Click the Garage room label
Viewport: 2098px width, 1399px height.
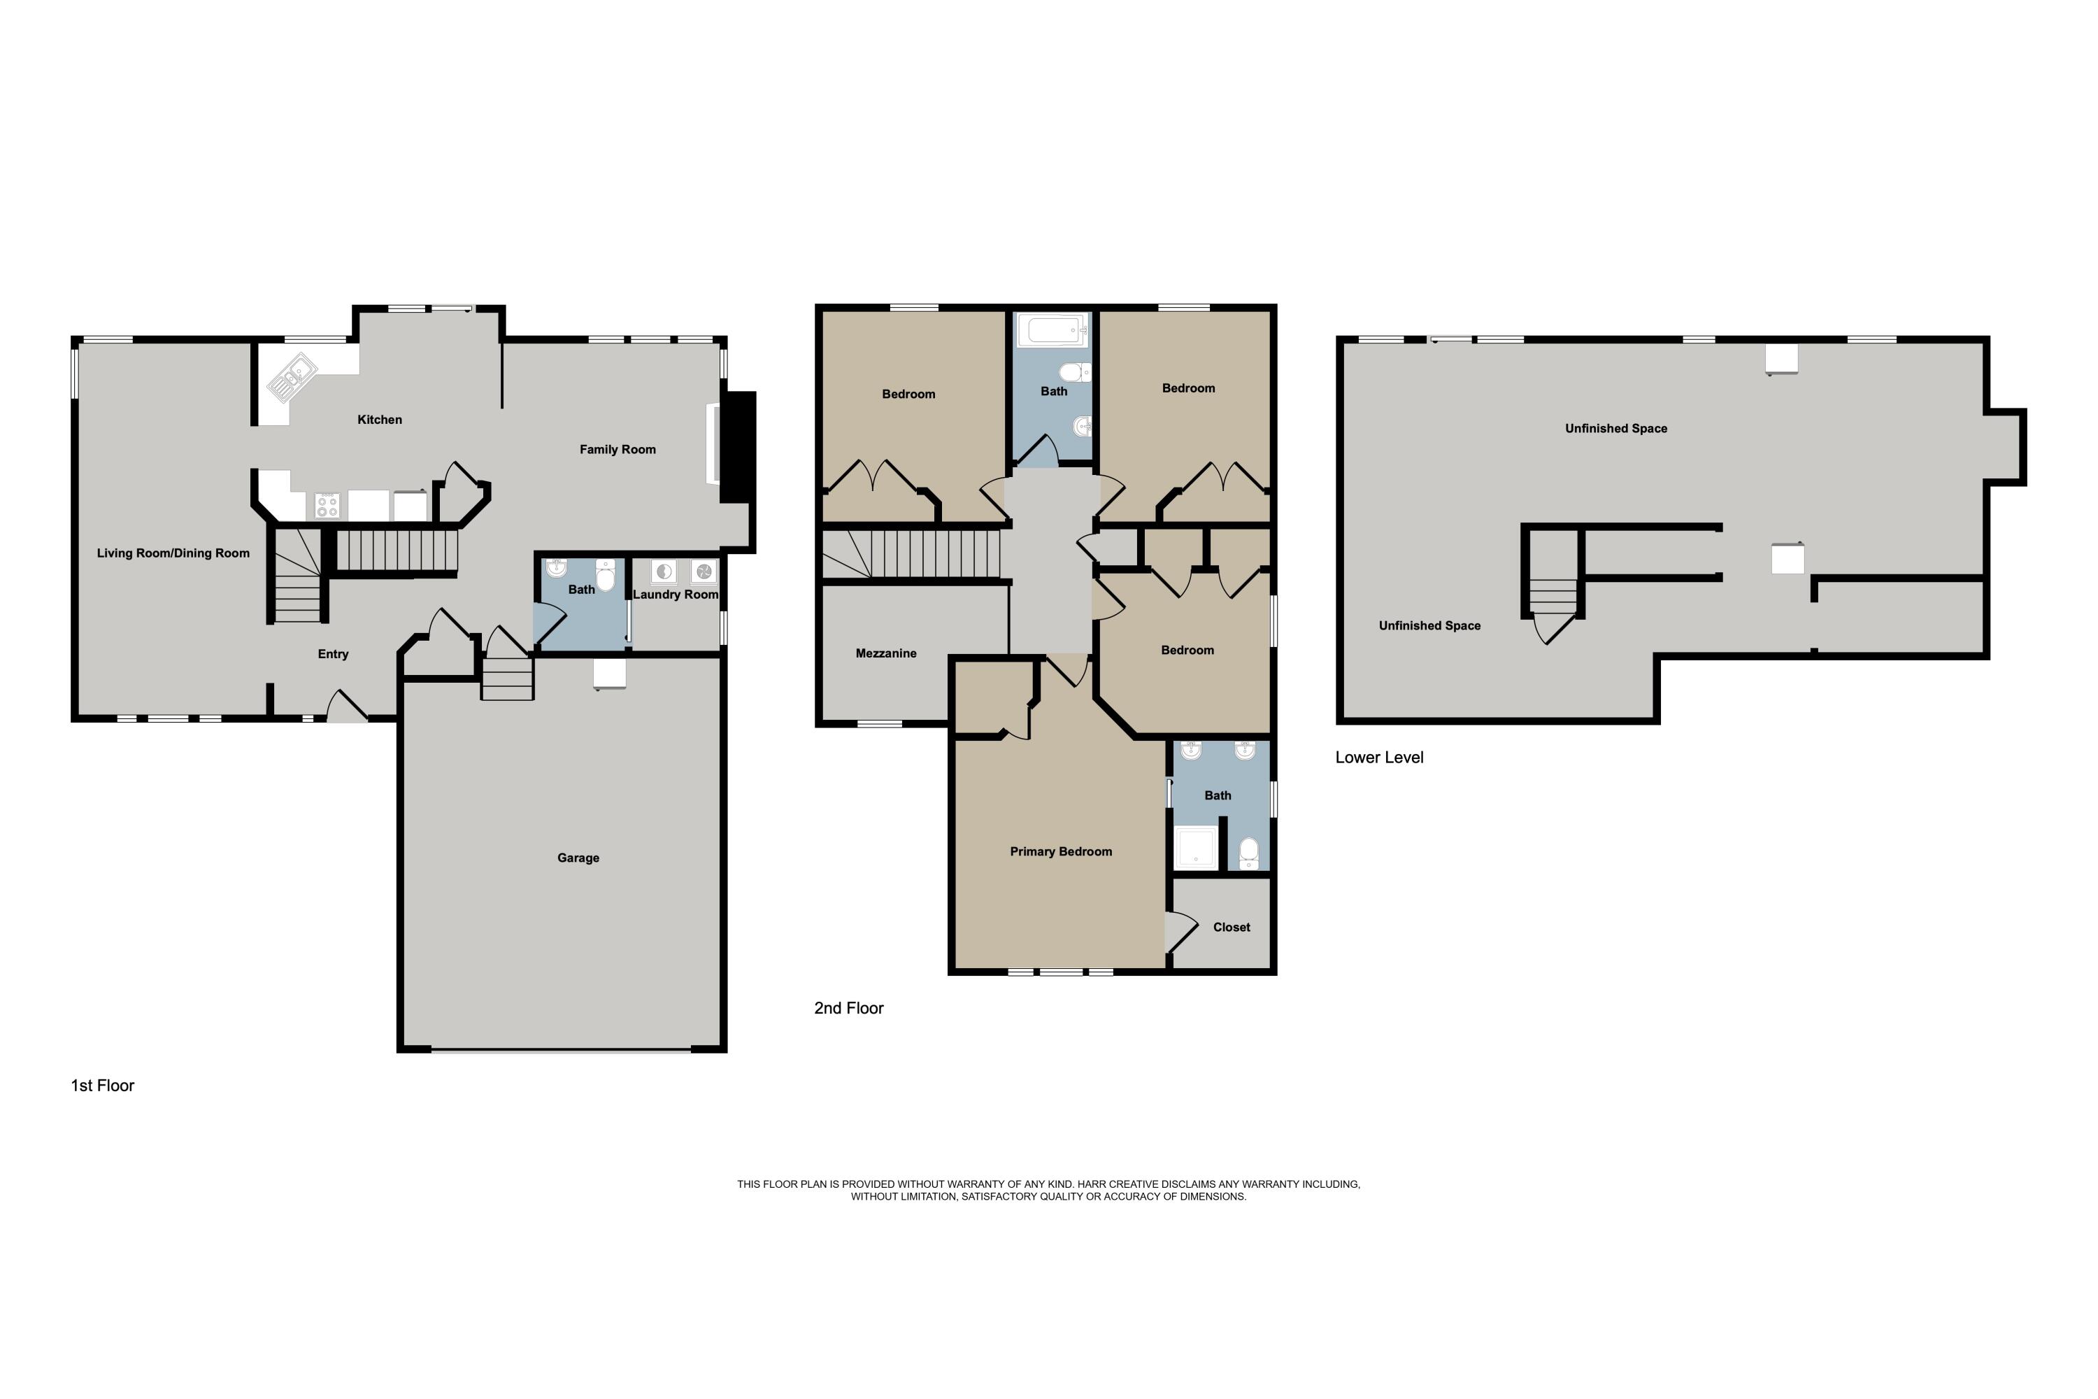coord(578,858)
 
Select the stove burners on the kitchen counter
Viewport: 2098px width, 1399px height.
coord(327,506)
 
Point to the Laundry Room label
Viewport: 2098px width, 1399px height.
coord(676,594)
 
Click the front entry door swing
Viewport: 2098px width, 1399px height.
coord(345,706)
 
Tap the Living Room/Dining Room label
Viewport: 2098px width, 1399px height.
coord(173,553)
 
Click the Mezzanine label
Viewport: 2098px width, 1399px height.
coord(886,653)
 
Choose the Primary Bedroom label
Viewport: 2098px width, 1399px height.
coord(1061,851)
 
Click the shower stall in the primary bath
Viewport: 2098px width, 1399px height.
coord(1195,848)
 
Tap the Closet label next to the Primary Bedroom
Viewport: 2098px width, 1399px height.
coord(1231,927)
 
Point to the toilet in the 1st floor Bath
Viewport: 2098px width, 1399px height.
coord(606,576)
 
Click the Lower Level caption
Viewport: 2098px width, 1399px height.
coord(1379,758)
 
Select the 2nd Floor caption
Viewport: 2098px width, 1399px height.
coord(848,1008)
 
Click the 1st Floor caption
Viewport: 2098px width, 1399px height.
coord(103,1086)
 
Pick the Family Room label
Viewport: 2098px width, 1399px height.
coord(618,450)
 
